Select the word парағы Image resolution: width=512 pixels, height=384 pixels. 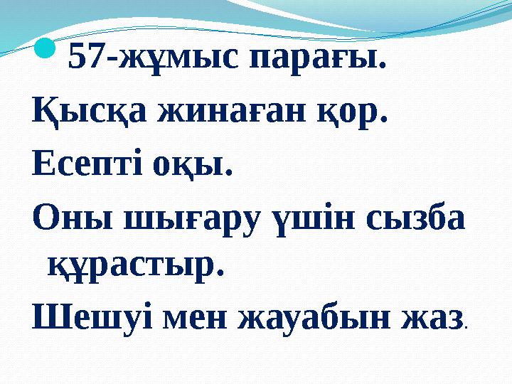coord(316,60)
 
